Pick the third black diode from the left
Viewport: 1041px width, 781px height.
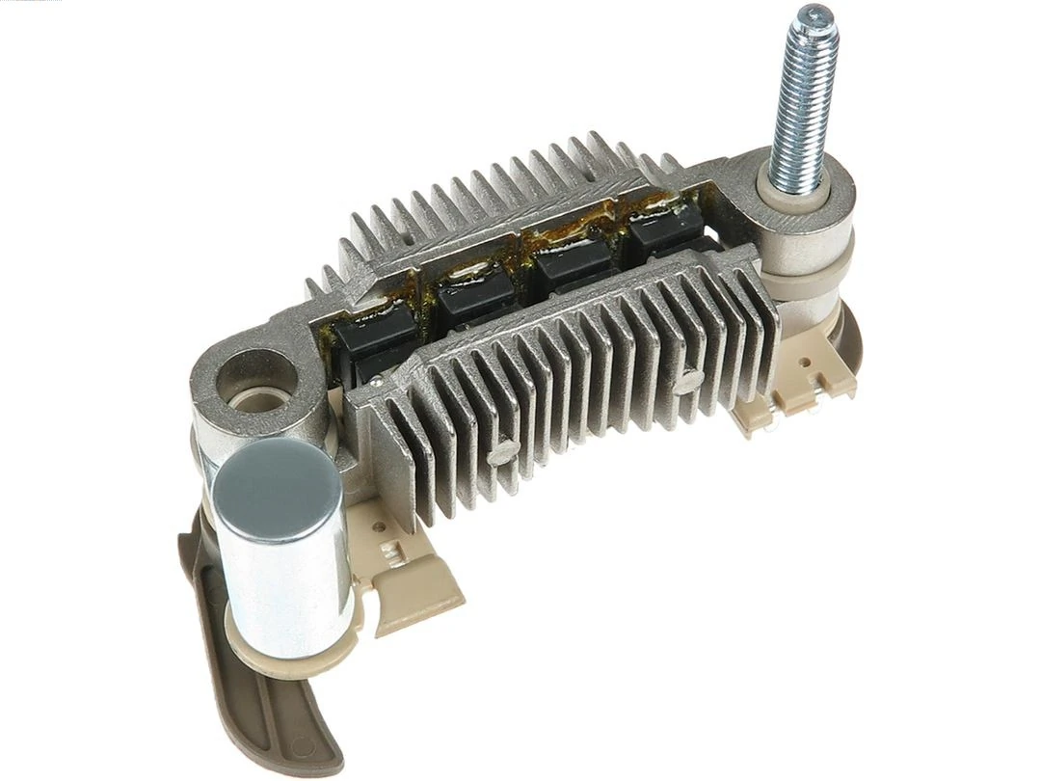click(x=573, y=257)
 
